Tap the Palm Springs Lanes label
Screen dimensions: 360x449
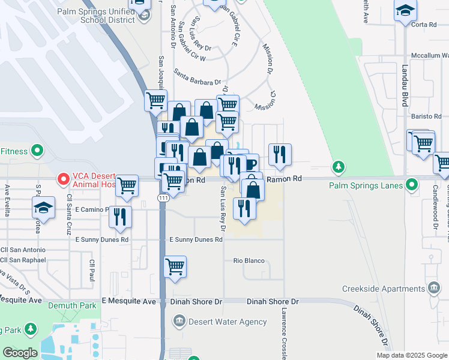coord(366,185)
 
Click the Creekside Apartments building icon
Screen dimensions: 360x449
coord(433,289)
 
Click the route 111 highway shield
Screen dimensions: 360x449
coord(163,197)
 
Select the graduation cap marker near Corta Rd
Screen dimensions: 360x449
coord(405,11)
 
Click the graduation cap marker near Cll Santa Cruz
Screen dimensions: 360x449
coord(43,207)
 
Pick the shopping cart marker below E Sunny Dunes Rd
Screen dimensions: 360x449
coord(175,266)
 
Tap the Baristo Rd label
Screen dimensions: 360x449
coord(426,116)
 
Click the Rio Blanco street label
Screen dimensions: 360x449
coord(249,261)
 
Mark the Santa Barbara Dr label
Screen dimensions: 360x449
coord(197,77)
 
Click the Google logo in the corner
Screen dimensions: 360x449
coord(20,352)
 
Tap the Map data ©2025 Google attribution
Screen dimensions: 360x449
coord(412,355)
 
